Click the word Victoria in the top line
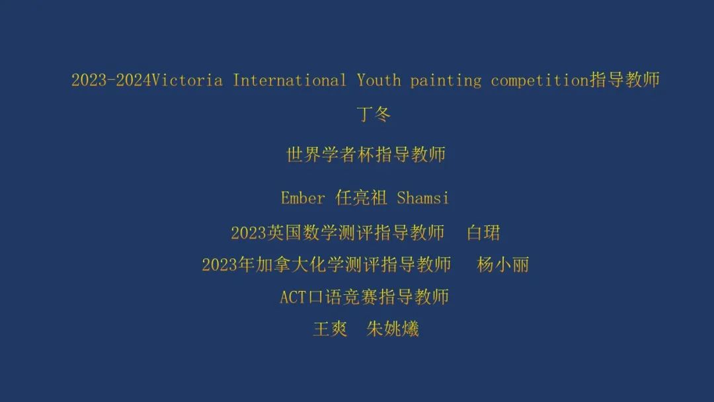point(186,81)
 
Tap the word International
point(290,81)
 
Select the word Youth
point(379,81)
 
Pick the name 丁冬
point(374,114)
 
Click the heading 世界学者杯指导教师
point(366,154)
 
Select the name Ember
point(303,198)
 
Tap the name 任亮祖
point(361,198)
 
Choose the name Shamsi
point(422,198)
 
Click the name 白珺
point(483,233)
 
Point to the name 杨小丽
point(502,264)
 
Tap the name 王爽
point(330,329)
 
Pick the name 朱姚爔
point(393,329)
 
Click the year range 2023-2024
point(111,81)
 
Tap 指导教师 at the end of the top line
point(625,80)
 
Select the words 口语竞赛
point(343,297)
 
